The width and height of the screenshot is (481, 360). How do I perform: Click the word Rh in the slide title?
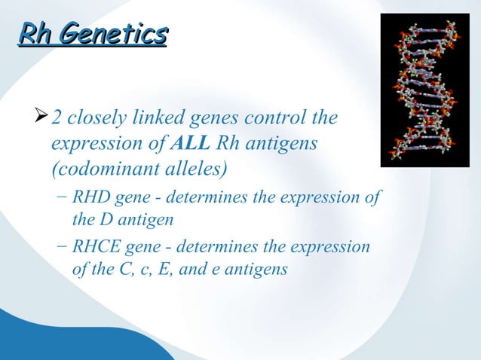pos(35,34)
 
